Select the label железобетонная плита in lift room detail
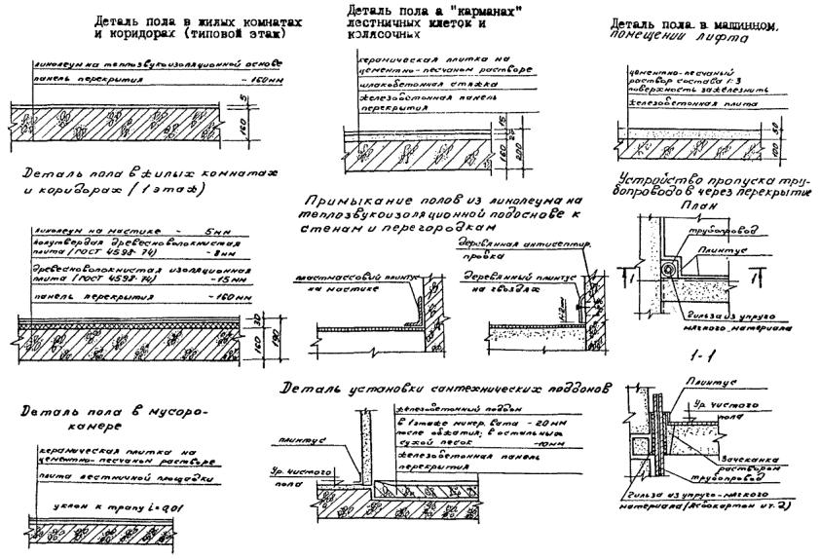click(676, 101)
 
